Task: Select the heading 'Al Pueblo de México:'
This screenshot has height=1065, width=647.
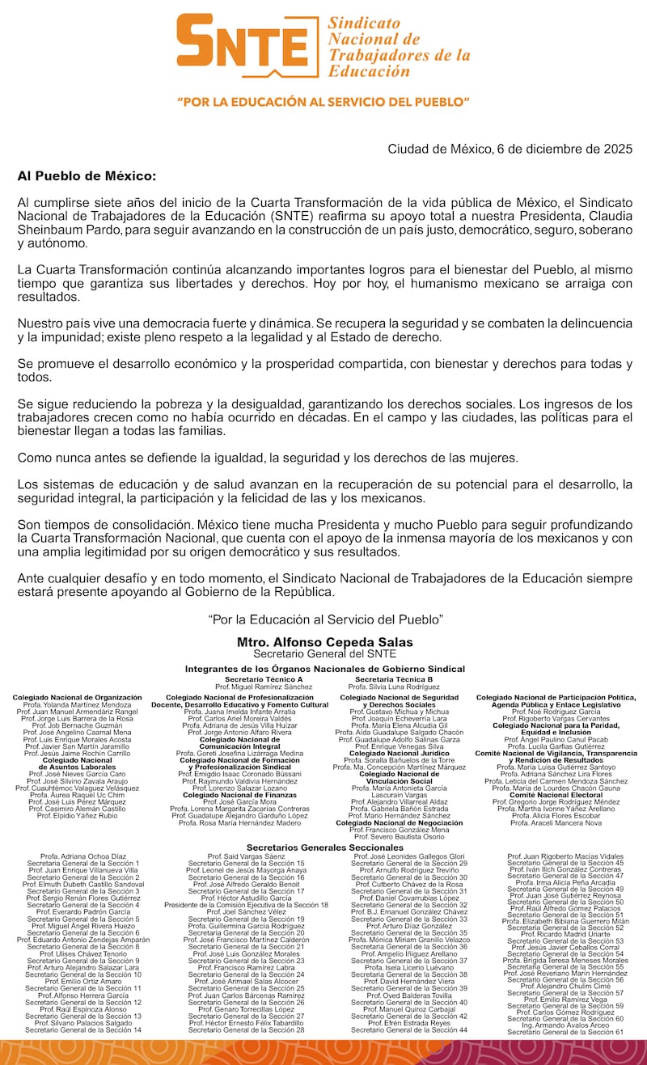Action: pyautogui.click(x=87, y=175)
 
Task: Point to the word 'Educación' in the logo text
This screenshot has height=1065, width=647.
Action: pyautogui.click(x=369, y=71)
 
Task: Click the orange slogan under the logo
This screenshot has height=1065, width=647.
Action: pyautogui.click(x=323, y=103)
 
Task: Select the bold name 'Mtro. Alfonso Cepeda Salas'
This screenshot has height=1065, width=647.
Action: pyautogui.click(x=324, y=642)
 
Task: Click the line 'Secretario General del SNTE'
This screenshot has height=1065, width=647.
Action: pyautogui.click(x=324, y=653)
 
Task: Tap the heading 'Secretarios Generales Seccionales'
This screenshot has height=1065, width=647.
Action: pyautogui.click(x=324, y=847)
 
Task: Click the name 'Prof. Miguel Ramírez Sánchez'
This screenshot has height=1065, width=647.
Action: pyautogui.click(x=264, y=687)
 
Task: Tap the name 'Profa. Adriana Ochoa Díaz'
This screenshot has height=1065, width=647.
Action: pyautogui.click(x=83, y=856)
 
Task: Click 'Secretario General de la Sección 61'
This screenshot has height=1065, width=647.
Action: pyautogui.click(x=565, y=1032)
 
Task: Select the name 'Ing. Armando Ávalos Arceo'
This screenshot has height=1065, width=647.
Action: pyautogui.click(x=565, y=1025)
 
